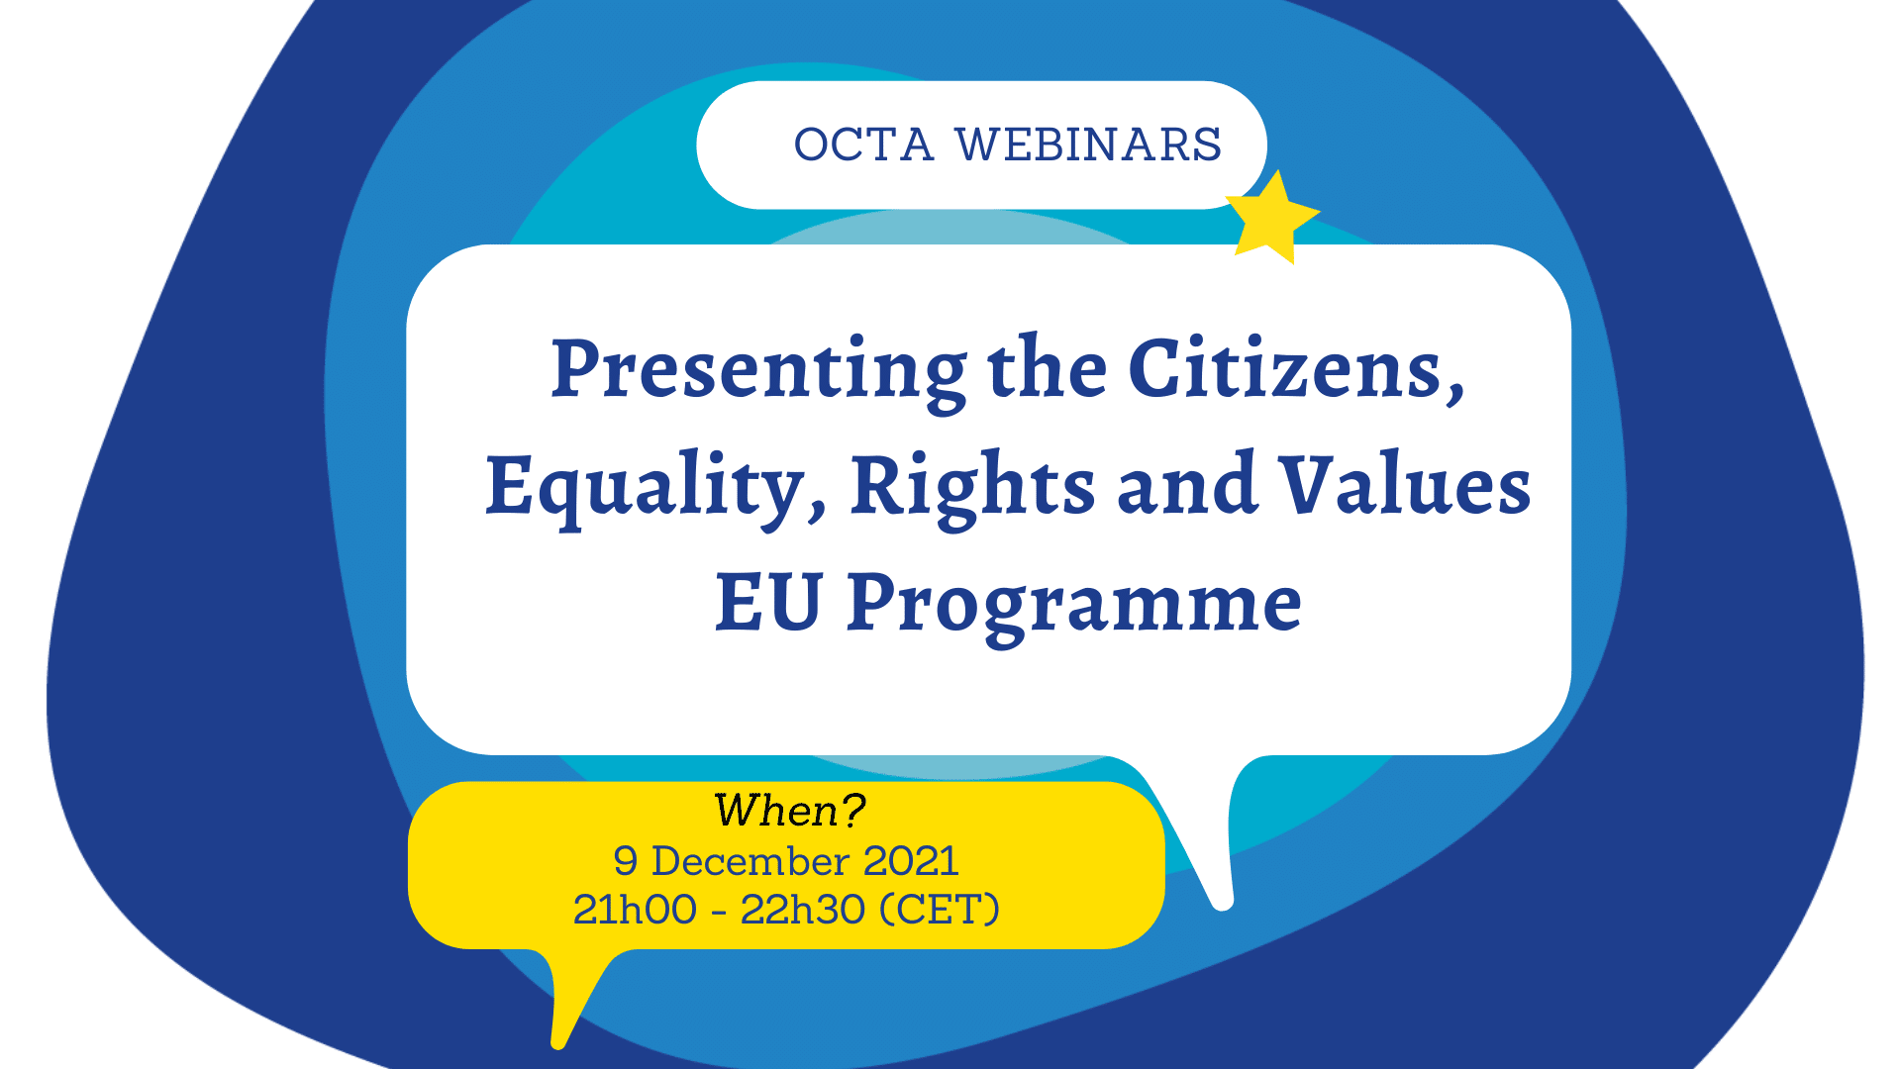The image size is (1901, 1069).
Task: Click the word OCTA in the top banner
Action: [x=863, y=145]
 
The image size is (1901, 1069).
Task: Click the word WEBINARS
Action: [x=1088, y=145]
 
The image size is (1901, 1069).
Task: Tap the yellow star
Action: [x=1271, y=219]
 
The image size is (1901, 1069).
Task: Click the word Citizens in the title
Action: [x=1294, y=369]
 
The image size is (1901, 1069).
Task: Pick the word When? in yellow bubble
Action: [x=789, y=811]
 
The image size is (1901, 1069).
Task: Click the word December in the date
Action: [x=750, y=861]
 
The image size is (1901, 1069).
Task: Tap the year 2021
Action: [x=911, y=861]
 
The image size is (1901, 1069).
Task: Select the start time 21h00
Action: [x=635, y=910]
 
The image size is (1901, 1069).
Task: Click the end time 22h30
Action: [x=802, y=910]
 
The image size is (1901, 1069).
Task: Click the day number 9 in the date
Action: [x=625, y=862]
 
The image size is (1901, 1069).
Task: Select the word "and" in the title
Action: [x=1187, y=485]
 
